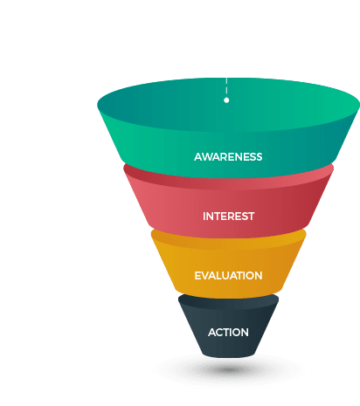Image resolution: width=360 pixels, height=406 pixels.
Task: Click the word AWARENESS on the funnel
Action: pyautogui.click(x=228, y=157)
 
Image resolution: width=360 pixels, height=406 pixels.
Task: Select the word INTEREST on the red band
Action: pyautogui.click(x=229, y=217)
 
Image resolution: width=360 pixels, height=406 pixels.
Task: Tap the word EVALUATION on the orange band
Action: pyautogui.click(x=228, y=276)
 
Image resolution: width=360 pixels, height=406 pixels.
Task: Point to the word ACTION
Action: pyautogui.click(x=228, y=333)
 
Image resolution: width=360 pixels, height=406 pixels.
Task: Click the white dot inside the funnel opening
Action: pyautogui.click(x=226, y=100)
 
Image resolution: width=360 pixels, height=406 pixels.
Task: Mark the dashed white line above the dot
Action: pyautogui.click(x=226, y=86)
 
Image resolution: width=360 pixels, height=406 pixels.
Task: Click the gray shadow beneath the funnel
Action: pyautogui.click(x=229, y=369)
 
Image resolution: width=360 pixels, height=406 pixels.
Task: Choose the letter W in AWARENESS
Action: pyautogui.click(x=207, y=157)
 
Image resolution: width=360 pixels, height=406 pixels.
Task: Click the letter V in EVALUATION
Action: pyautogui.click(x=204, y=276)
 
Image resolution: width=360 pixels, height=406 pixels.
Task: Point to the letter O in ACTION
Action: pyautogui.click(x=237, y=333)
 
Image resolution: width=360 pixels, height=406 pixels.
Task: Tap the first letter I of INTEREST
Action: pyautogui.click(x=204, y=217)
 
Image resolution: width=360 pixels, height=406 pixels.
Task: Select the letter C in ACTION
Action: pyautogui.click(x=220, y=333)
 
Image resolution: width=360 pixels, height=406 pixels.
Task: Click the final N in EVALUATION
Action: pyautogui.click(x=259, y=276)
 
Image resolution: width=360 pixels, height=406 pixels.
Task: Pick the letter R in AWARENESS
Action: pyautogui.click(x=224, y=157)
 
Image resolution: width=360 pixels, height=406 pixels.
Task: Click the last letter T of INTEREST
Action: pyautogui.click(x=252, y=217)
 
